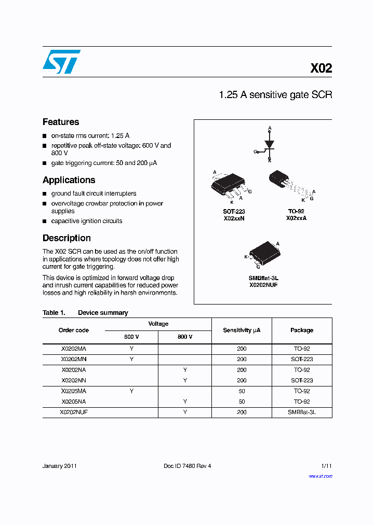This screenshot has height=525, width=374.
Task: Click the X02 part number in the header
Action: click(x=320, y=68)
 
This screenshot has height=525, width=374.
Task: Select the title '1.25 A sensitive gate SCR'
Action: click(x=275, y=95)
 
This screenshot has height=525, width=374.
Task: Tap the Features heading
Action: click(x=61, y=122)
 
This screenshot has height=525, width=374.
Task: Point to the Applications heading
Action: click(x=69, y=180)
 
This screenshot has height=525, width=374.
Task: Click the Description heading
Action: click(x=66, y=238)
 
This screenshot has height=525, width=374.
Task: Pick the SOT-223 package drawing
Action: click(x=229, y=184)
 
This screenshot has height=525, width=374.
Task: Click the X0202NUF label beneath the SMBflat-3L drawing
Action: click(x=263, y=285)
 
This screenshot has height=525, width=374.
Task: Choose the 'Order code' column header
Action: click(x=74, y=330)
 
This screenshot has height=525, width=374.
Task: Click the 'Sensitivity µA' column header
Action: click(x=242, y=330)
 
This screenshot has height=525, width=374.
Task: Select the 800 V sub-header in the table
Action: click(x=185, y=337)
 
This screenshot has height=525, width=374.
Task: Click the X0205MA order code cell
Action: click(x=74, y=391)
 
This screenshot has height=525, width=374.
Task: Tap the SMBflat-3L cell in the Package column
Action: click(x=302, y=412)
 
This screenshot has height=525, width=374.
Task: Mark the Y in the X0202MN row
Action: click(x=131, y=359)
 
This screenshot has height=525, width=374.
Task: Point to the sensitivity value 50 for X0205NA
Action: click(x=242, y=402)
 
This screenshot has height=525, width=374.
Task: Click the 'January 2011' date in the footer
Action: click(x=60, y=466)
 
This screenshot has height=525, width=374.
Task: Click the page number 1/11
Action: click(x=326, y=466)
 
